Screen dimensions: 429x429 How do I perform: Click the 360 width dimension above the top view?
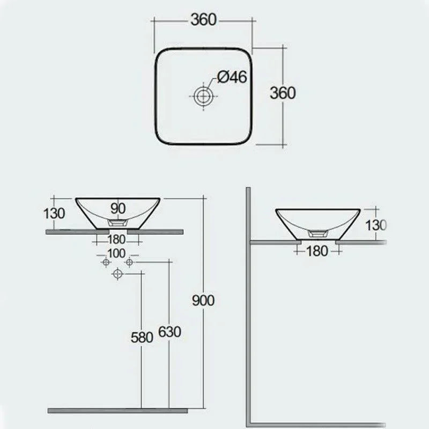pos(203,19)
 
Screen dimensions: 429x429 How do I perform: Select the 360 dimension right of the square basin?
pos(283,93)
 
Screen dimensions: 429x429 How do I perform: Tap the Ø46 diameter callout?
pos(232,77)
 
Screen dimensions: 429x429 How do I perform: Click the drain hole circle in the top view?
pos(203,97)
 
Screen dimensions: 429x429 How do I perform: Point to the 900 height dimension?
pos(203,300)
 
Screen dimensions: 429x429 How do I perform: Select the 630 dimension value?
pos(169,332)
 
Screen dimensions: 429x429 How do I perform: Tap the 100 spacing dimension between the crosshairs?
pos(116,253)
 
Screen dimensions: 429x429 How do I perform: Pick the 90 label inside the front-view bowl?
pos(117,207)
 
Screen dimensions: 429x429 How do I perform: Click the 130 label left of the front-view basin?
pos(54,213)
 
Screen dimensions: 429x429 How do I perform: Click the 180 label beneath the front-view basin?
pos(117,239)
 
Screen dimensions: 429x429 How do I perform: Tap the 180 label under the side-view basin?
pos(317,250)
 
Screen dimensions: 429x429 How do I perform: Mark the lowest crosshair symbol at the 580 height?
pos(117,275)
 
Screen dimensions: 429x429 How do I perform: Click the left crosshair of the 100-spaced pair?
pos(106,262)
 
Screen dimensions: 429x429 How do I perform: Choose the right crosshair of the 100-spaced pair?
pos(129,262)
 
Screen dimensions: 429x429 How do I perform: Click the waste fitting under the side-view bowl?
pos(318,234)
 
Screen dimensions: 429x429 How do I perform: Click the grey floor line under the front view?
pos(118,410)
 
